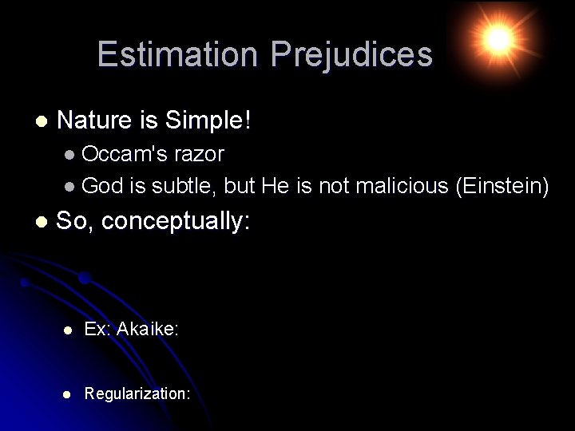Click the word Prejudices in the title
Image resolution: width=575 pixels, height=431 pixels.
351,54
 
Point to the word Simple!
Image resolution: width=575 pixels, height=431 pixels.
208,121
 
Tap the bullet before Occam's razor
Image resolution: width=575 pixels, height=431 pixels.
71,154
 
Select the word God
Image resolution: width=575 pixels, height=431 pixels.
102,187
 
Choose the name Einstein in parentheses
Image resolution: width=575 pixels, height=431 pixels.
502,187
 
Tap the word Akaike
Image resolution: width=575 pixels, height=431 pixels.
145,329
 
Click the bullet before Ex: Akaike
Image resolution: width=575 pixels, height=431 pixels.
69,330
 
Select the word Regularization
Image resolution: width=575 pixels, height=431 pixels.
135,393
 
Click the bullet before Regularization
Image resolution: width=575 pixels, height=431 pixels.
69,393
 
